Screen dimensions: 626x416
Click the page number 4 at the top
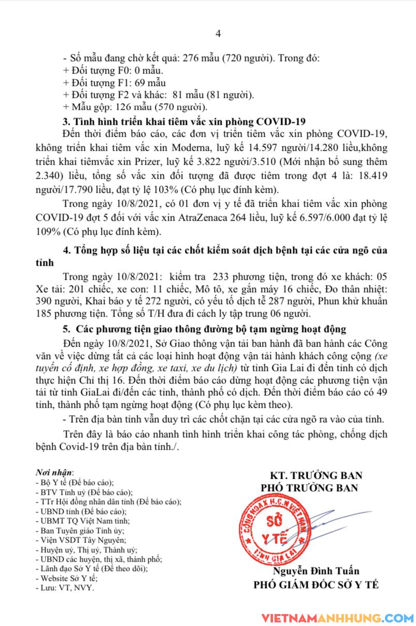click(x=218, y=34)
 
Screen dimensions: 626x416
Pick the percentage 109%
click(x=73, y=231)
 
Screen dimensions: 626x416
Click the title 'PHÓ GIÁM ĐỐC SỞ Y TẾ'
click(x=315, y=585)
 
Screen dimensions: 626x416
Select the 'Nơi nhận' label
click(x=54, y=473)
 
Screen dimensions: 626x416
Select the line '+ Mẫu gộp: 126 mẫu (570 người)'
click(x=135, y=108)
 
